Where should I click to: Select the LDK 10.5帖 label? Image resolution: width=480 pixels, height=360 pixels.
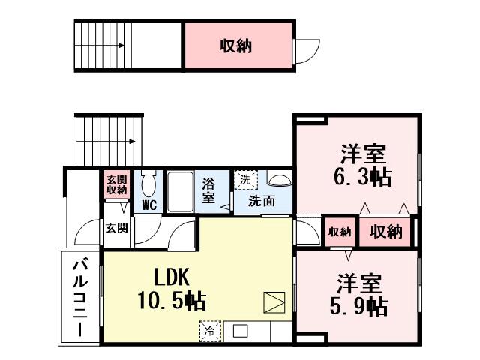[172, 288]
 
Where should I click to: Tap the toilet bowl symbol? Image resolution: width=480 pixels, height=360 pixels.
[148, 183]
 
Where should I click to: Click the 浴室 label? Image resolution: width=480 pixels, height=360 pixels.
[209, 191]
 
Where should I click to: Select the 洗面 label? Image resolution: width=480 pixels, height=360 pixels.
[261, 200]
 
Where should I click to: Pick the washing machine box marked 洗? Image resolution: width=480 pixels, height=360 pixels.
[245, 180]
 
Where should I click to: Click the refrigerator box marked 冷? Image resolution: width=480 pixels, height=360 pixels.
[210, 330]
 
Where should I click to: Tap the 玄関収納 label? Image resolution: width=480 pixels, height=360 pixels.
[116, 184]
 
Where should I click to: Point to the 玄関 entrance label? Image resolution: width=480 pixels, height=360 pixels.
[115, 228]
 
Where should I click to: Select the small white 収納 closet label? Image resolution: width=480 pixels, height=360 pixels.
[339, 232]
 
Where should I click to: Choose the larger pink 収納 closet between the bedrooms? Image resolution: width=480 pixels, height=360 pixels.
[385, 232]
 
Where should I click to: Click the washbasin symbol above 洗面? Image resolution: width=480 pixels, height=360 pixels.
[278, 180]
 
